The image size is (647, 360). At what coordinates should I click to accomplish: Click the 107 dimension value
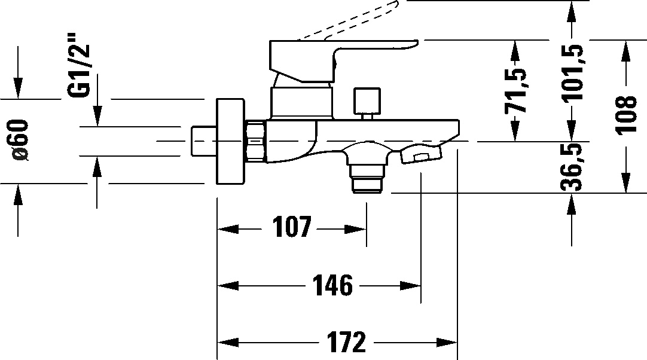(292, 228)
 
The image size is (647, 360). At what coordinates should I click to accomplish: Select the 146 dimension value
(333, 286)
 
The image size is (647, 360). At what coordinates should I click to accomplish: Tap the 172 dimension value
(346, 343)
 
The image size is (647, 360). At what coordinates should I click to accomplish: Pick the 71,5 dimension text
(515, 90)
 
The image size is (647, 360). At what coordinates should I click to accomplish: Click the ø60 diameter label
(20, 140)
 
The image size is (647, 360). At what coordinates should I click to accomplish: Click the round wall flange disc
(230, 141)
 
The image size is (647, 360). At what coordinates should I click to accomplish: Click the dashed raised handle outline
(359, 18)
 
